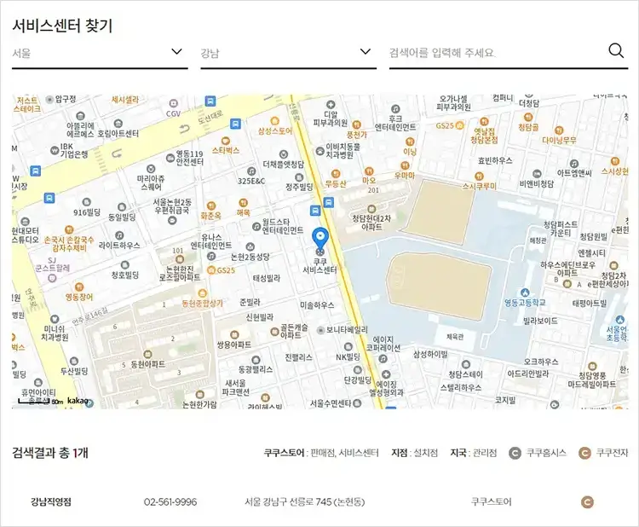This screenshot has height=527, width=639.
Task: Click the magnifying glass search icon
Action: tap(617, 51)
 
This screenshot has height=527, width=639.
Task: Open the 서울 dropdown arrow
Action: tap(177, 52)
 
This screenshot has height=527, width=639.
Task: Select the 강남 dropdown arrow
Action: tap(366, 52)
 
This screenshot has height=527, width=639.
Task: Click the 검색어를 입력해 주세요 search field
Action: tap(494, 53)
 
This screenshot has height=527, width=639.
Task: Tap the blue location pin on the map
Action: tap(320, 239)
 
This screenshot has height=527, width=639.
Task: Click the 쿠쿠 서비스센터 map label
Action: tap(320, 264)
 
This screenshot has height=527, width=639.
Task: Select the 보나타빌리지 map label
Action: tap(346, 329)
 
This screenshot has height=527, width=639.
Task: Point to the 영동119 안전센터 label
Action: tap(189, 157)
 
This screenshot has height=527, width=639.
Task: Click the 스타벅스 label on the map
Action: tap(226, 150)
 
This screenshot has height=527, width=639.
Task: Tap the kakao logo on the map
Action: tap(78, 401)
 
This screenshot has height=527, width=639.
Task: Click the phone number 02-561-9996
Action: tap(170, 502)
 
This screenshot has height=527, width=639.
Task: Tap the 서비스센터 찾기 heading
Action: tap(62, 25)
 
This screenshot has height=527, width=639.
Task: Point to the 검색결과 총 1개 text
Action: tap(49, 453)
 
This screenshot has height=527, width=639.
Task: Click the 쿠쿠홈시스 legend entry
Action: tap(538, 453)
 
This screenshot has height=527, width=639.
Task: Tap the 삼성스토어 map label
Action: tap(274, 131)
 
